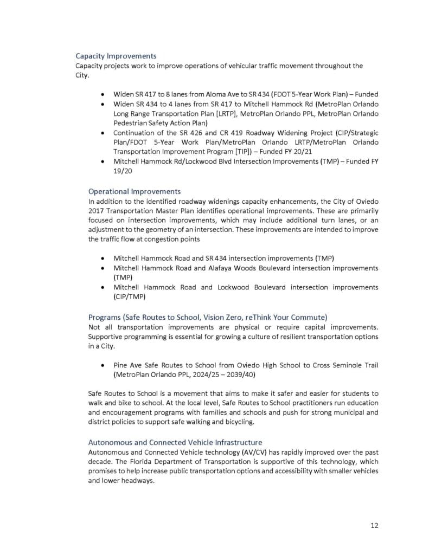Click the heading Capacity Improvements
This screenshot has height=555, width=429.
(x=116, y=56)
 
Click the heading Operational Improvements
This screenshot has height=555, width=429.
(x=135, y=191)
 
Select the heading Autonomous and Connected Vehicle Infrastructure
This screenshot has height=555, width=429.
(x=175, y=442)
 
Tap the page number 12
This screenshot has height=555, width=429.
(x=374, y=525)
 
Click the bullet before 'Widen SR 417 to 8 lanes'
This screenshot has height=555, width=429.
(x=102, y=94)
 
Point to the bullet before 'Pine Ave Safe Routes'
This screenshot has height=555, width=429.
(x=102, y=365)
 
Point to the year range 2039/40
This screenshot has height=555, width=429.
(x=242, y=375)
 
